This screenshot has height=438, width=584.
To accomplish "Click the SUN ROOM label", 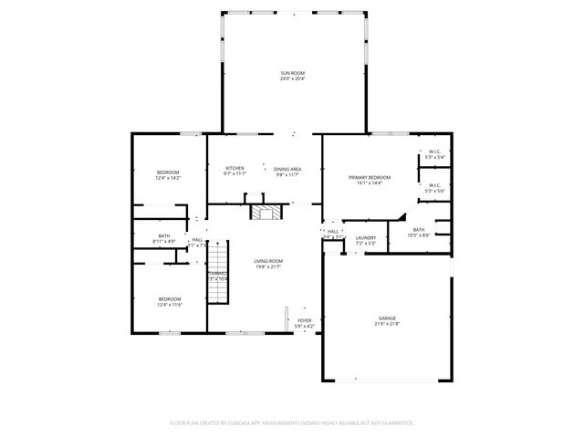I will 292,73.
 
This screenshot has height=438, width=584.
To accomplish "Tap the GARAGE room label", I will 387,318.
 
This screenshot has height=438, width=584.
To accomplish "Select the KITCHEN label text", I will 235,168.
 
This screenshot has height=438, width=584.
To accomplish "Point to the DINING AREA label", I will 287,169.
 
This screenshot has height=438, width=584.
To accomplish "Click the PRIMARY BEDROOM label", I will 370,177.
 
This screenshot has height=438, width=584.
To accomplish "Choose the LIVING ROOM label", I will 268,261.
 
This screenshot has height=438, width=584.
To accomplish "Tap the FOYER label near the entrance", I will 304,320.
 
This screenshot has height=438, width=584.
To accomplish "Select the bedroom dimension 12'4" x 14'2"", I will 168,179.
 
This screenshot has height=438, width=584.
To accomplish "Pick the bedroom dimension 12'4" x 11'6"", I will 170,305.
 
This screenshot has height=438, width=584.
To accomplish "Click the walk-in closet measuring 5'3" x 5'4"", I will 434,158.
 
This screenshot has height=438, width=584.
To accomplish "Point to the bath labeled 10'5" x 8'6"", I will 418,235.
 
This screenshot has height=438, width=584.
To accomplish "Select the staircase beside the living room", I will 217,287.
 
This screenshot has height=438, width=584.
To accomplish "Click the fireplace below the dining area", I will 266,213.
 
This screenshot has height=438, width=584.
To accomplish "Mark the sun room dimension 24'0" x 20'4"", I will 292,79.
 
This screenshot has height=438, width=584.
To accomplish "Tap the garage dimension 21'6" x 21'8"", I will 387,324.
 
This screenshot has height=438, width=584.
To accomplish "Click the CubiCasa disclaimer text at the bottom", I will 292,422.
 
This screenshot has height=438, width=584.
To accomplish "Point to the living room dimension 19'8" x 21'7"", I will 268,266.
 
